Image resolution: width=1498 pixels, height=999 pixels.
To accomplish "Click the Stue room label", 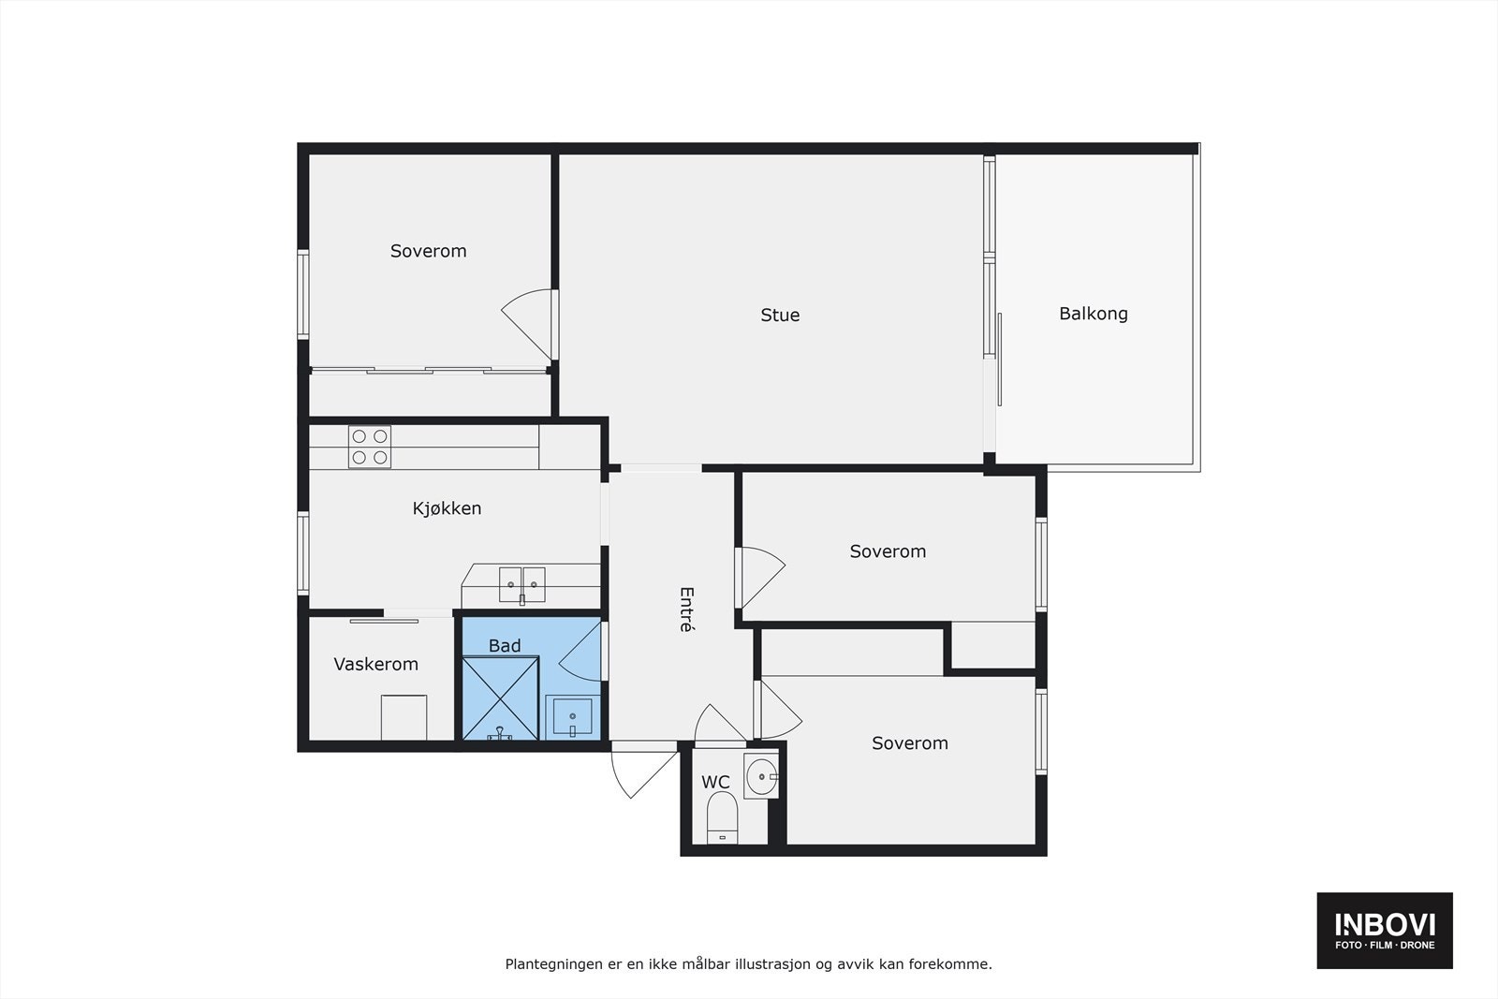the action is coord(780,315).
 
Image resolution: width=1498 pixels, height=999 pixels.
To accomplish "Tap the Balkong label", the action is coord(1094,315).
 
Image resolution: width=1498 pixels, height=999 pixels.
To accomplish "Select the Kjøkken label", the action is coord(447,508).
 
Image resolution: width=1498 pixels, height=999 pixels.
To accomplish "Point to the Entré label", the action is coord(686,610).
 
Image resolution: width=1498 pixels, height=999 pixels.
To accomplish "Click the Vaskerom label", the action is coord(375,664).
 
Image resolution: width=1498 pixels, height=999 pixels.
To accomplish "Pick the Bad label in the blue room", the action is coord(505,646).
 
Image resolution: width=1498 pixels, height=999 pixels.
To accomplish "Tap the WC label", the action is coord(715,782).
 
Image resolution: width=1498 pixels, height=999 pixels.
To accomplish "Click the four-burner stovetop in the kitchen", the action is coord(370,447).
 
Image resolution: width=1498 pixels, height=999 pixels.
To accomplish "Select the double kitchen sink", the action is coord(522,585).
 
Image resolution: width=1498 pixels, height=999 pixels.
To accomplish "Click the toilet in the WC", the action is coord(722,817).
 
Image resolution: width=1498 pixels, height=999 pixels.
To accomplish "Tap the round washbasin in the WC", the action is coord(762,776).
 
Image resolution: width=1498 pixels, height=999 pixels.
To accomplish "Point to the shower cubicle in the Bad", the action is coord(500,698).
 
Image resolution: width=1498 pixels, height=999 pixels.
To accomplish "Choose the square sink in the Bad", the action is coord(572,717).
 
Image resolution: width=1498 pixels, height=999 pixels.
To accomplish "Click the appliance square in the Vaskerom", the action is coord(404,717).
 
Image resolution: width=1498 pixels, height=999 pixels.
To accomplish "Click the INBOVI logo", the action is coord(1385,930).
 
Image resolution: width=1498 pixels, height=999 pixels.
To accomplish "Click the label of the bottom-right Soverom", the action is coord(909,743).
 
